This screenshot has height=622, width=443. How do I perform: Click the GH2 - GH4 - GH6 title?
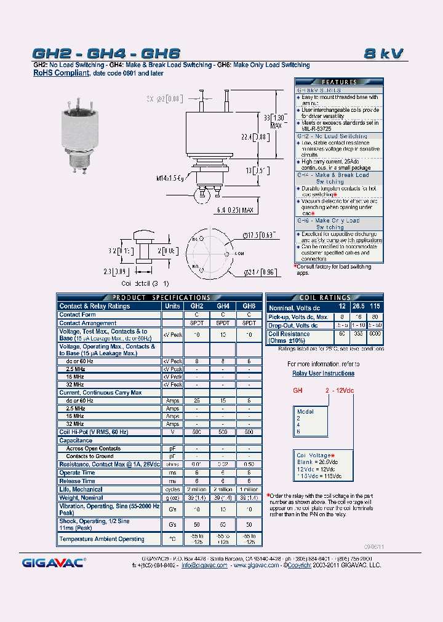[106, 53]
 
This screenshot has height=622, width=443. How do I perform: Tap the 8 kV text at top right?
[383, 53]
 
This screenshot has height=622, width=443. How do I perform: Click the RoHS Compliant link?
[61, 73]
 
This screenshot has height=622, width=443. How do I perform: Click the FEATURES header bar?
[339, 82]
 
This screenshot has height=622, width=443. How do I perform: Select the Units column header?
[172, 305]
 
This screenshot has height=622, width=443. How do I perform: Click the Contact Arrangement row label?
[87, 323]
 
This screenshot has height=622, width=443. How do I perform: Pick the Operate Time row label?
[77, 473]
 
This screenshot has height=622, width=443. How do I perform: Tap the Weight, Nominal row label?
[81, 497]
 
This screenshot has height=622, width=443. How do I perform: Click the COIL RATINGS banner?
[325, 297]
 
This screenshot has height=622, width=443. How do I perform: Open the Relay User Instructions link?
[323, 373]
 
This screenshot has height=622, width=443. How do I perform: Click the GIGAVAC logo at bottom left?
[54, 562]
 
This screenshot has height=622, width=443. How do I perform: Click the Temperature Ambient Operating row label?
[102, 539]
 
